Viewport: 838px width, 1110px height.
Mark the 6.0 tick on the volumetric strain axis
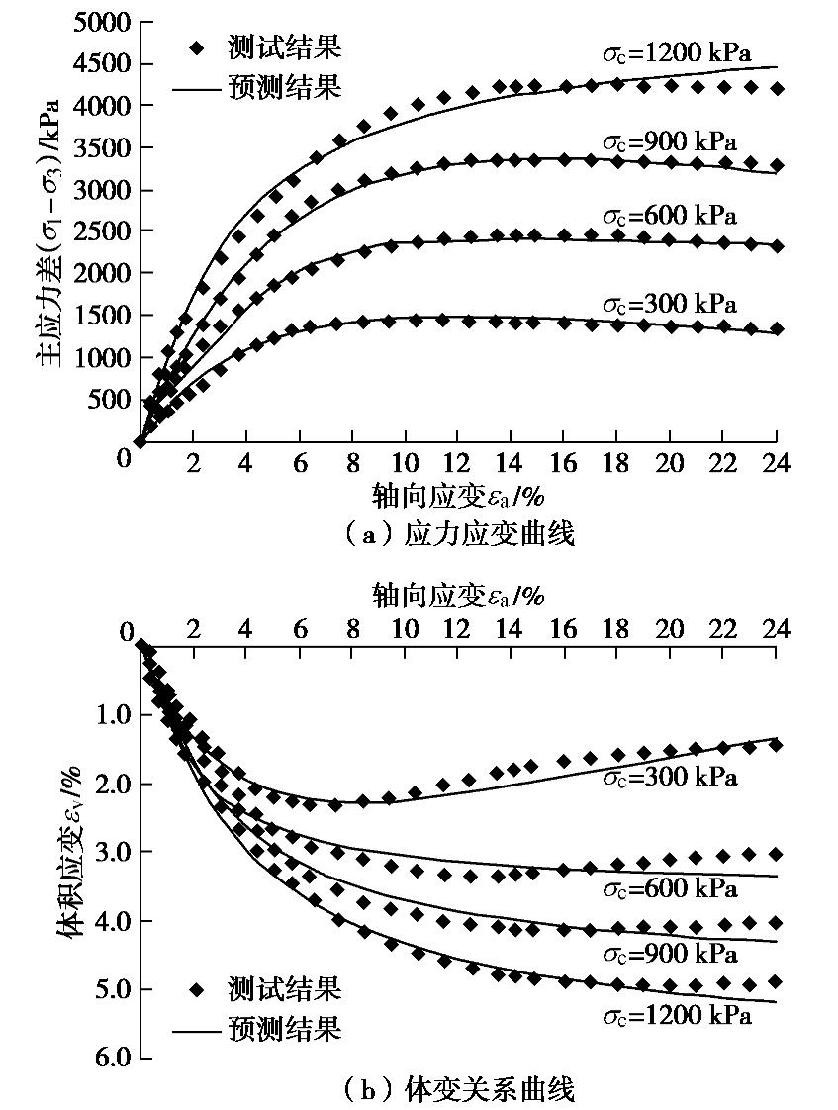[113, 1058]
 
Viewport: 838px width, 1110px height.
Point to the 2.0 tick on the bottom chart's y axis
[113, 784]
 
